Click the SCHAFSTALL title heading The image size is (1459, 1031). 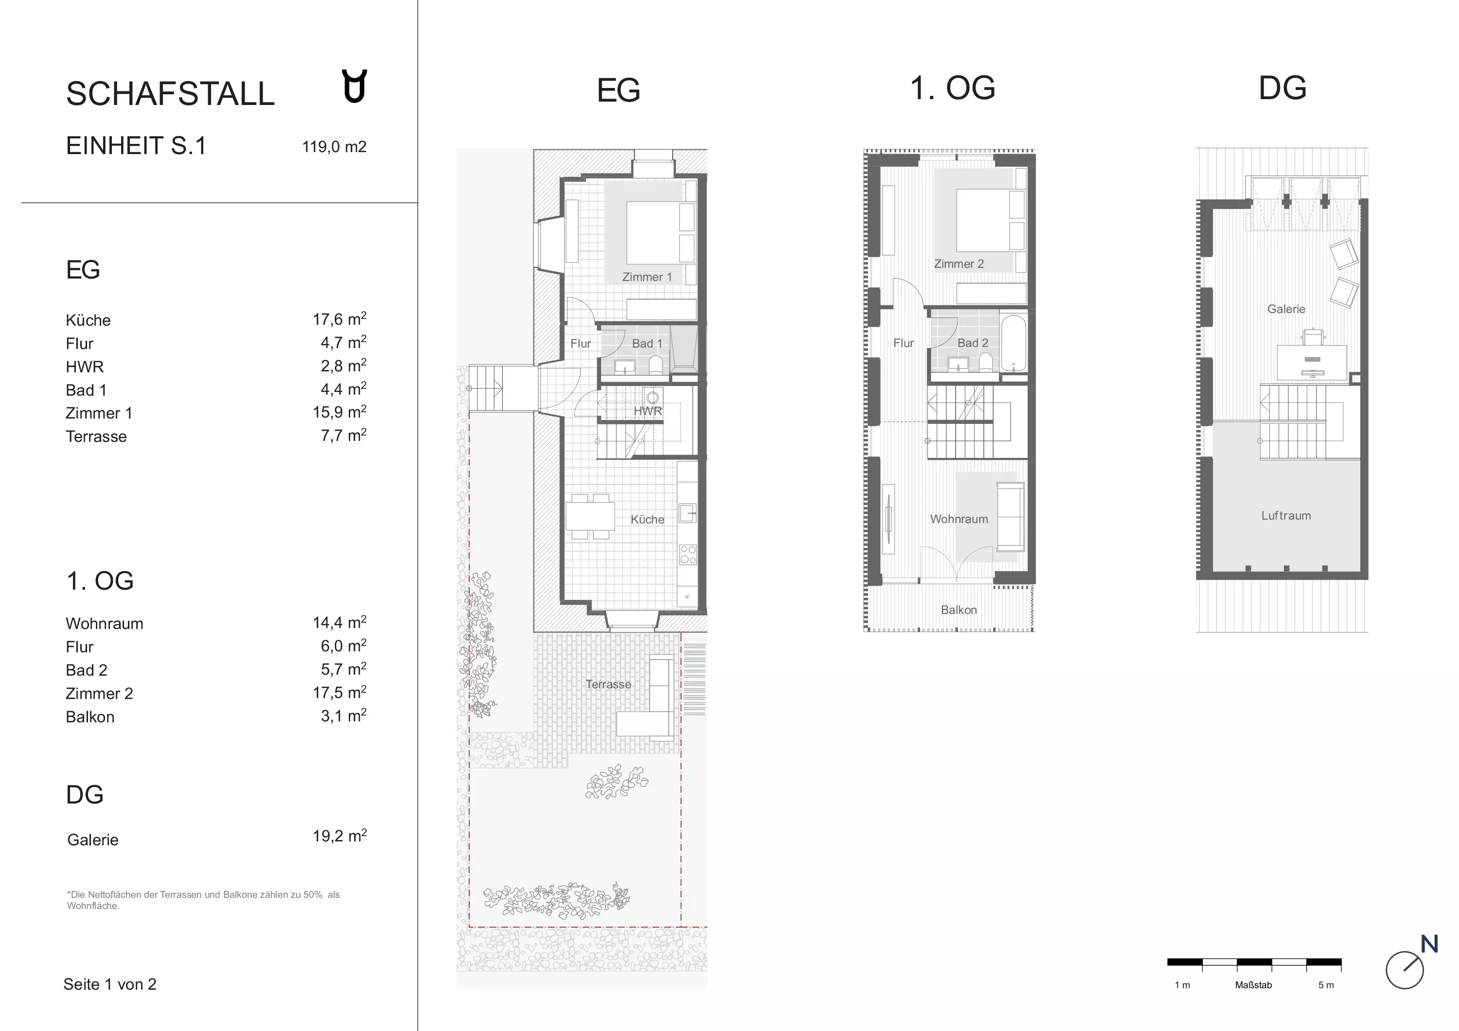coord(170,94)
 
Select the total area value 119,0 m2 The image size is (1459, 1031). coord(334,147)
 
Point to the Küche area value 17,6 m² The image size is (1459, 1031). coord(339,318)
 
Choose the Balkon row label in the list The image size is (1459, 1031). coord(90,716)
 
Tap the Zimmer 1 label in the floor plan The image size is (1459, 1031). coord(646,277)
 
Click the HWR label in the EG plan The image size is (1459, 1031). coord(647,411)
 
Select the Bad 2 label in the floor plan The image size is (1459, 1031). coord(973,343)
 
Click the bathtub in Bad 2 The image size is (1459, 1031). coord(1014,343)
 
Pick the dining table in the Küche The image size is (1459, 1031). coord(590,516)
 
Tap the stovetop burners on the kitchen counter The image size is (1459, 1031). coord(688,555)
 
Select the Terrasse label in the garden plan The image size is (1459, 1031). coord(608,684)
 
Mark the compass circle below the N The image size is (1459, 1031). coord(1405,970)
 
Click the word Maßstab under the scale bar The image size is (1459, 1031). coord(1254,985)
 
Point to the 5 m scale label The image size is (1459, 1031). coord(1326,985)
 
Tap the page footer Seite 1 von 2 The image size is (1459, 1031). coord(110,984)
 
